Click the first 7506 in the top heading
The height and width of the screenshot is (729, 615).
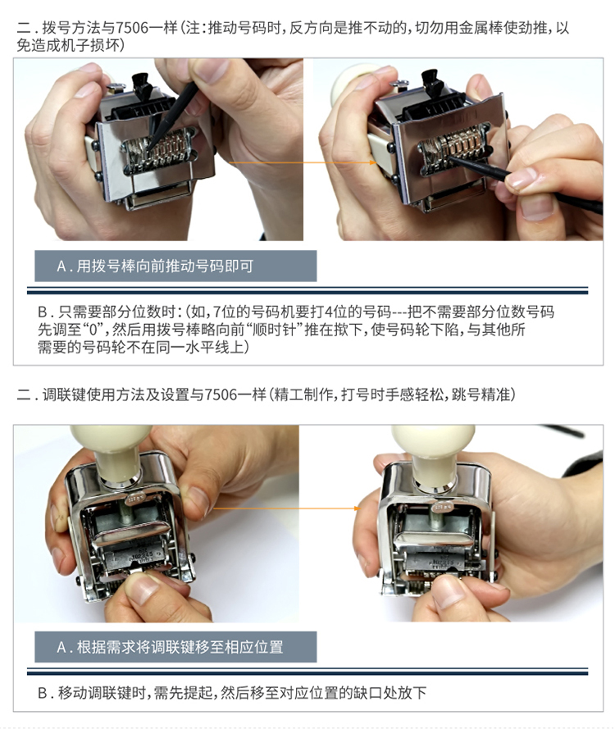pos(132,28)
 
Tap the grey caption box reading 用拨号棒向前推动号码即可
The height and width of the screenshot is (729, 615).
pos(175,266)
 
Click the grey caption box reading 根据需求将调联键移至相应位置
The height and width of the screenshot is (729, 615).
pos(175,647)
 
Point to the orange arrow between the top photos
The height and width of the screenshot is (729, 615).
pos(303,162)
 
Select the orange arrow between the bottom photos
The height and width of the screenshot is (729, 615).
pos(287,508)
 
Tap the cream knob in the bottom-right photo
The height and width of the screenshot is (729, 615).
pos(433,453)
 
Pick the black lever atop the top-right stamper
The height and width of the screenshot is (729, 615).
pos(431,81)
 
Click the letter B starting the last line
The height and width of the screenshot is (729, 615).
pos(43,693)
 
